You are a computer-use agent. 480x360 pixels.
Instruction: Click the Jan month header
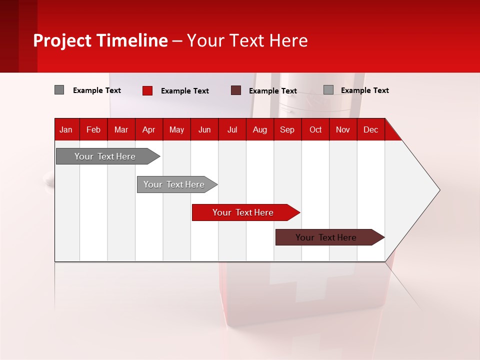66,129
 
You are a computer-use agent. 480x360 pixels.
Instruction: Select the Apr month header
148,129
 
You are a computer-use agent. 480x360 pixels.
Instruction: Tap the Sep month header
287,129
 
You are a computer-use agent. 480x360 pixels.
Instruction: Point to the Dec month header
370,129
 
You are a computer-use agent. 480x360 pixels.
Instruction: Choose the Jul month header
232,129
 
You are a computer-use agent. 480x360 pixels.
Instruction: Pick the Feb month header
93,129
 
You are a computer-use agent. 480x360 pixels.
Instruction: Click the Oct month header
315,129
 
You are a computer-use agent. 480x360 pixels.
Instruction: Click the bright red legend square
147,90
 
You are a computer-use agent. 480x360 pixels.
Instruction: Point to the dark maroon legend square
236,90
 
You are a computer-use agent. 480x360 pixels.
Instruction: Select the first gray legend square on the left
59,90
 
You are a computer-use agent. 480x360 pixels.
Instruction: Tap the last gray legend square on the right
328,90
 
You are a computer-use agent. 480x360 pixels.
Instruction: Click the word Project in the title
62,40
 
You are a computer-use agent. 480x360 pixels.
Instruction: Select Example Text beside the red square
184,91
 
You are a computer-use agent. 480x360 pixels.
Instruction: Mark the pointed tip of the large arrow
439,190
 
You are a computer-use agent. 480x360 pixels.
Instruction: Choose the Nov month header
343,129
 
